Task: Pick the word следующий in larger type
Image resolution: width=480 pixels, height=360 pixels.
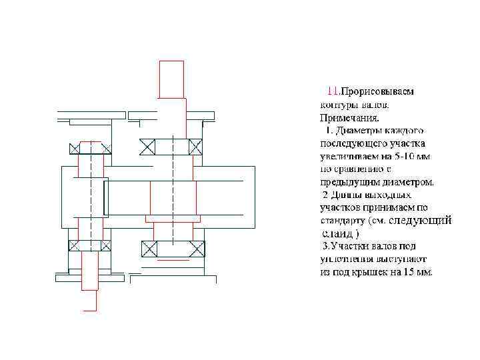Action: [420, 220]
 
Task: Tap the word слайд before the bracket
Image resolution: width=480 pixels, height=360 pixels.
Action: [337, 233]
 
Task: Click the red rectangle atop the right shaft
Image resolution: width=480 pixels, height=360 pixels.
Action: [171, 78]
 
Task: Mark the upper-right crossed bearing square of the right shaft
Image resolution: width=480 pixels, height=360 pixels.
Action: [195, 147]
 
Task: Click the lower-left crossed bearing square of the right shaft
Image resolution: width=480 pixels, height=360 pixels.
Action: [148, 249]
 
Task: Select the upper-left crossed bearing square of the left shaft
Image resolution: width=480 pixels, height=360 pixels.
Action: [74, 148]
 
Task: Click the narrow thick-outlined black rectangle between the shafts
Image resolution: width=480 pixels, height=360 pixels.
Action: [106, 197]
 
